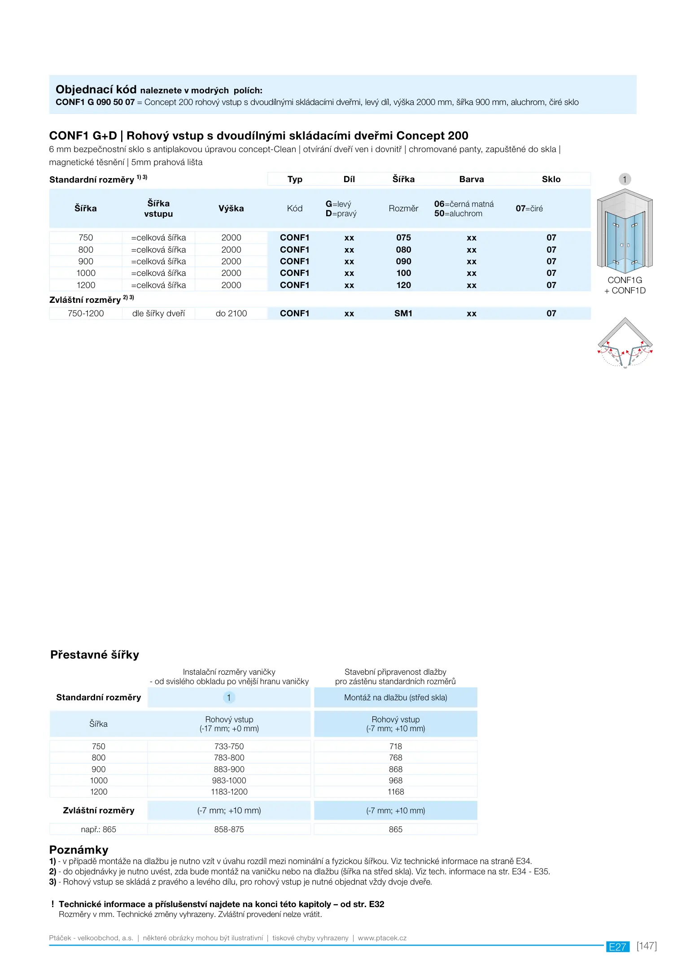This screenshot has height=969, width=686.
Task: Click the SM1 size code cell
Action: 403,314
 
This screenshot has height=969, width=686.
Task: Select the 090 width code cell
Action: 403,262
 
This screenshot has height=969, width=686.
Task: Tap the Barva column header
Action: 471,179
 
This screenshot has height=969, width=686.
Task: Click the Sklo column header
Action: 551,179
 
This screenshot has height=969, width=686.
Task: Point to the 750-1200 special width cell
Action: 86,314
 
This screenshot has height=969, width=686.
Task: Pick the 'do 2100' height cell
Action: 231,314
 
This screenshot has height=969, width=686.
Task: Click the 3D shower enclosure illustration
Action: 625,231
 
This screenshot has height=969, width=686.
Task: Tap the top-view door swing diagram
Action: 625,344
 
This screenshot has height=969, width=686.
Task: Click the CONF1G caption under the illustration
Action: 625,280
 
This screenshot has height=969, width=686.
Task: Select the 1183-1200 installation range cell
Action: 229,792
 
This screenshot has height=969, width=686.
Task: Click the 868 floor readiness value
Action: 395,769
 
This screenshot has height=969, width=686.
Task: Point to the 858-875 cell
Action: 229,829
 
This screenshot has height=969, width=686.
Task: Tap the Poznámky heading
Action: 79,850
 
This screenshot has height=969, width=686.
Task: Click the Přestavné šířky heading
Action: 95,655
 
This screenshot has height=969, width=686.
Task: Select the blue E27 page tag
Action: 617,947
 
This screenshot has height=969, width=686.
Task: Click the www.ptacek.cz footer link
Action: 382,938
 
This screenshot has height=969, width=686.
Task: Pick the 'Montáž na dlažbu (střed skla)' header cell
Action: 395,698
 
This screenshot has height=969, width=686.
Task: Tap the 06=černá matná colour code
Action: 464,204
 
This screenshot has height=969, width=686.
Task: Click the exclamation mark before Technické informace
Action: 52,904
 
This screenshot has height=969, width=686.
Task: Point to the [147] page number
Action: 647,946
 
